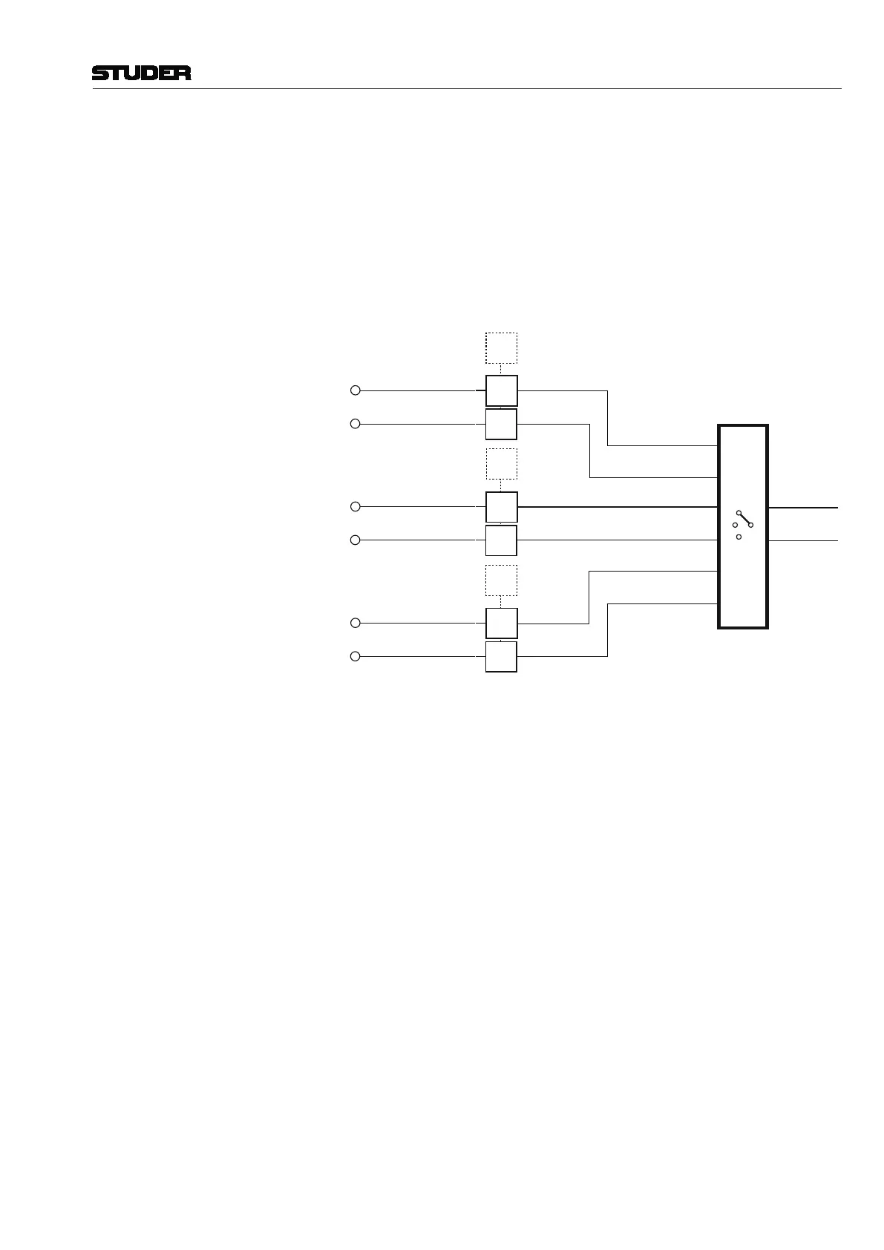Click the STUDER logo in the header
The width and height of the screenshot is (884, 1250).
pyautogui.click(x=141, y=73)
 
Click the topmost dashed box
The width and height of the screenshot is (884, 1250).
pyautogui.click(x=501, y=348)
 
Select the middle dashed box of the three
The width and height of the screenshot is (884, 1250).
pyautogui.click(x=501, y=464)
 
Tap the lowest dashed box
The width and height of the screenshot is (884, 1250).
pyautogui.click(x=501, y=580)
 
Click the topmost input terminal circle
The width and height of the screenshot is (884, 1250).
pyautogui.click(x=355, y=390)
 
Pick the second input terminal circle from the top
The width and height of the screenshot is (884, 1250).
pyautogui.click(x=355, y=424)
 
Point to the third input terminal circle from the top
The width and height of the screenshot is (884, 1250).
pyautogui.click(x=355, y=506)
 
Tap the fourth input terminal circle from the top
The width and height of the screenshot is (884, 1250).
pyautogui.click(x=355, y=540)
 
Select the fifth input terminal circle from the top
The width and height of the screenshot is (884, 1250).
pyautogui.click(x=355, y=623)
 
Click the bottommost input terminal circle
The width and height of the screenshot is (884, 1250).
pyautogui.click(x=355, y=656)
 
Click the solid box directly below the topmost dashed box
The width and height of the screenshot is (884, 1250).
pyautogui.click(x=501, y=391)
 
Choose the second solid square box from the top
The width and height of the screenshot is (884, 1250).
pyautogui.click(x=501, y=424)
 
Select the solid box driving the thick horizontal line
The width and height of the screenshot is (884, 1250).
pyautogui.click(x=501, y=507)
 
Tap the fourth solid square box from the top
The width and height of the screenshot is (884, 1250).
pyautogui.click(x=501, y=540)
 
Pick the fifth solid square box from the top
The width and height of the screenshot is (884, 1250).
pyautogui.click(x=501, y=624)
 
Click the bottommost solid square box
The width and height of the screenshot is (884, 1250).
pyautogui.click(x=501, y=657)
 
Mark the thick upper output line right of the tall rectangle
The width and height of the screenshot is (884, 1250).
pyautogui.click(x=803, y=508)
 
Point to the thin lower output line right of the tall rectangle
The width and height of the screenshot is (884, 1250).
pyautogui.click(x=803, y=541)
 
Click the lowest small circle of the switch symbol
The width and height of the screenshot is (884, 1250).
pyautogui.click(x=739, y=537)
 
